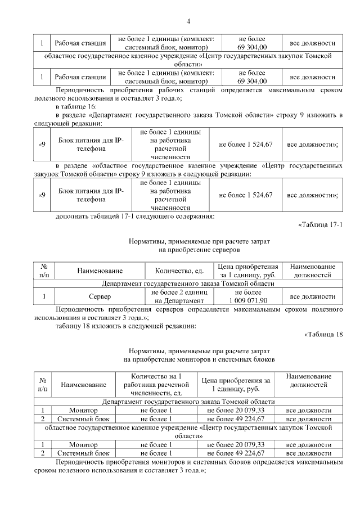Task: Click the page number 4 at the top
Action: pyautogui.click(x=188, y=21)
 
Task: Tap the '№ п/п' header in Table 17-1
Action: pyautogui.click(x=44, y=271)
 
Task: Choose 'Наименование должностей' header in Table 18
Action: pyautogui.click(x=308, y=380)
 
